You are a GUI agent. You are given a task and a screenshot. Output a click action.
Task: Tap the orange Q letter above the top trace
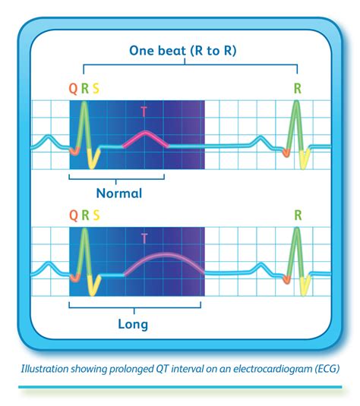pyautogui.click(x=73, y=89)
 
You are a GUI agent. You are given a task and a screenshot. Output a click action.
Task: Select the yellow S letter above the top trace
pyautogui.click(x=96, y=89)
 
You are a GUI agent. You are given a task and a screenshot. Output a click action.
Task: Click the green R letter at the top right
pyautogui.click(x=297, y=89)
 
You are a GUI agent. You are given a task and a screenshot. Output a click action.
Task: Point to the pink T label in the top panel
pyautogui.click(x=144, y=112)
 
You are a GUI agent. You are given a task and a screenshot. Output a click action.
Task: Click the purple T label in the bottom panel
pyautogui.click(x=144, y=238)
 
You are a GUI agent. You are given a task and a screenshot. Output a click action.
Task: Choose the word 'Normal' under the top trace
pyautogui.click(x=118, y=193)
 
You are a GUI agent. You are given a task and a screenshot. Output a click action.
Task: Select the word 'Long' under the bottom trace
pyautogui.click(x=133, y=325)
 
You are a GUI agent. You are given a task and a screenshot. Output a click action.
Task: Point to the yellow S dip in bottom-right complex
pyautogui.click(x=304, y=287)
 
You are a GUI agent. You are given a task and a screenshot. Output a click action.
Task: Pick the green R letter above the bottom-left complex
pyautogui.click(x=84, y=216)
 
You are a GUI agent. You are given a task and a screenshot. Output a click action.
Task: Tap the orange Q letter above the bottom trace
pyautogui.click(x=73, y=216)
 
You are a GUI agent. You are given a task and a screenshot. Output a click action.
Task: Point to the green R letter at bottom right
pyautogui.click(x=297, y=216)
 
